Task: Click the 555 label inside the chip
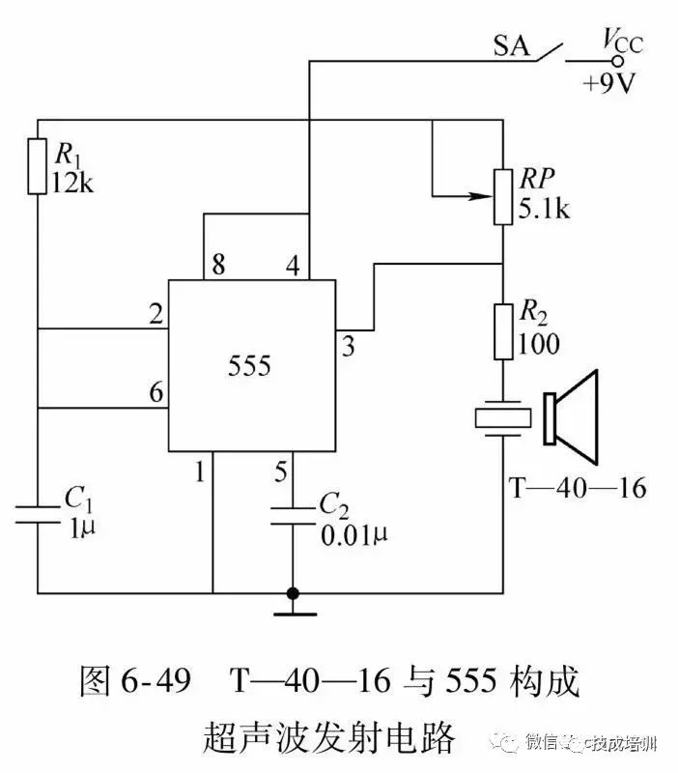point(250,366)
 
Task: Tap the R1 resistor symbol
point(39,166)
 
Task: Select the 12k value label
point(74,180)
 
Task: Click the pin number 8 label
point(219,265)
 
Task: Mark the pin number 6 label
point(155,393)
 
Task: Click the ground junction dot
point(291,592)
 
